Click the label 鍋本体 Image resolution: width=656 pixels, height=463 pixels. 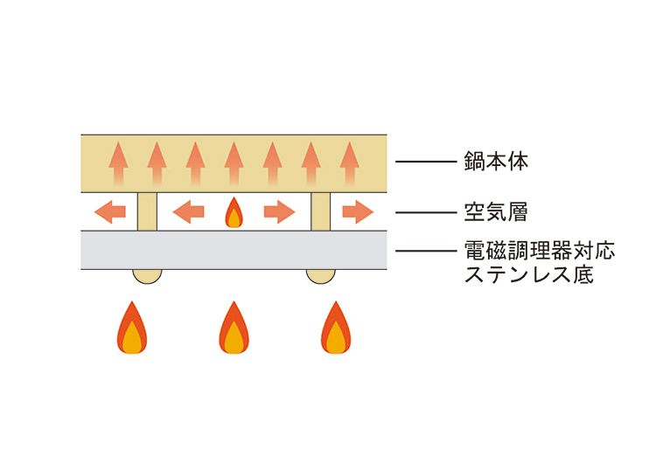pos(496,162)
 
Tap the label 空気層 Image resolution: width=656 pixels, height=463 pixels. pos(496,211)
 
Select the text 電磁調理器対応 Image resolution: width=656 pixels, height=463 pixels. pos(540,252)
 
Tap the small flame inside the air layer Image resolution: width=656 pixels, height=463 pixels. pos(234,212)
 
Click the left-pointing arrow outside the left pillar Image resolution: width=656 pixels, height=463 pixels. pos(110,211)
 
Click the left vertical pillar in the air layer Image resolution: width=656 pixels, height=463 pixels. pos(147,212)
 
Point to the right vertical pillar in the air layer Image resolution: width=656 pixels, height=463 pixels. pos(320,212)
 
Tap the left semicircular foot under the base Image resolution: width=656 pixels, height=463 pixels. pos(147,275)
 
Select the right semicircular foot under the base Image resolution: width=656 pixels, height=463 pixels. pos(320,275)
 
